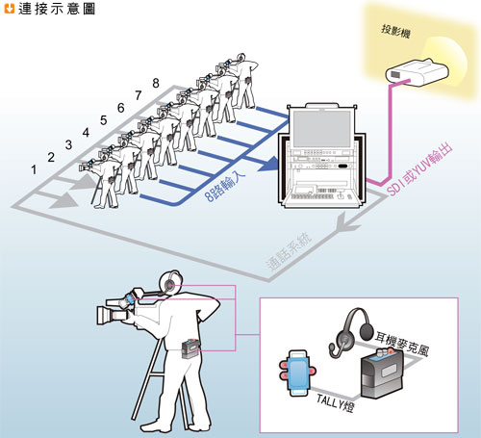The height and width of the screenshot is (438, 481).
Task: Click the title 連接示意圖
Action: (57, 9)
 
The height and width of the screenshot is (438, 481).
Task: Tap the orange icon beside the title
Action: (10, 9)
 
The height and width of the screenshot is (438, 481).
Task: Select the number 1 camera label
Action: (34, 169)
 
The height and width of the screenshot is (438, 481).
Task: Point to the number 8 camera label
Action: (156, 83)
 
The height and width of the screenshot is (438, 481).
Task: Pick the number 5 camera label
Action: (103, 120)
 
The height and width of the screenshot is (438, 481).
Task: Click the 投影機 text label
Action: (395, 32)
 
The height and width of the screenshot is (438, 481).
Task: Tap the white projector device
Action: (417, 72)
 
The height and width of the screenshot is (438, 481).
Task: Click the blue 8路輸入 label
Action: (225, 186)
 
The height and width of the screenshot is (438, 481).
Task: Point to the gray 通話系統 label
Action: (289, 251)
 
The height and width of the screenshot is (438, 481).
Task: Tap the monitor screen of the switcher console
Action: (322, 128)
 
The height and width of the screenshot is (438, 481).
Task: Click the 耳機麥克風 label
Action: (402, 344)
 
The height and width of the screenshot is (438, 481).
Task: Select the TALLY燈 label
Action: (335, 401)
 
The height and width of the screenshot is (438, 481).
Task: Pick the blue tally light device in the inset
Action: (297, 373)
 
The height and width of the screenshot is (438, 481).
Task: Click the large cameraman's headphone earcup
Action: (169, 284)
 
